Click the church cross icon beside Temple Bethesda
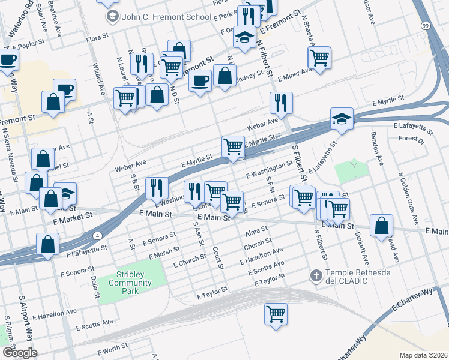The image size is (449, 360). click(316, 275)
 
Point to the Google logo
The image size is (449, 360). click(20, 353)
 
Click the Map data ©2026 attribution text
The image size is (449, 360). click(423, 355)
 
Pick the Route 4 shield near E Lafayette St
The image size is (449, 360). click(97, 235)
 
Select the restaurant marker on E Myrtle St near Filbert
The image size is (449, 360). click(280, 103)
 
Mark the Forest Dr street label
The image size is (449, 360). click(411, 141)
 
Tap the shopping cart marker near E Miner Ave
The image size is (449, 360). click(319, 58)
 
